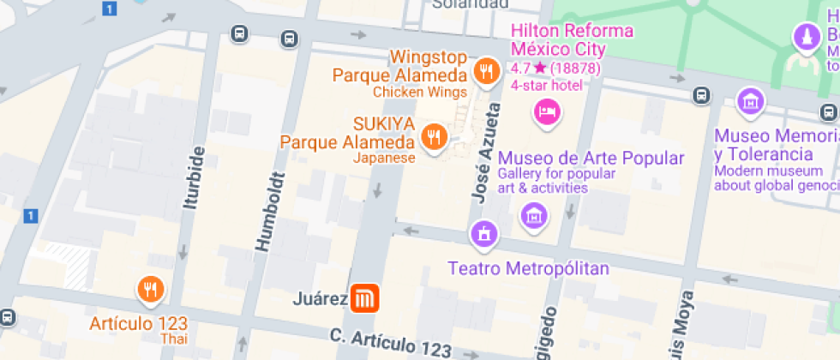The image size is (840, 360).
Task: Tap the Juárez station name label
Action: tap(320, 299)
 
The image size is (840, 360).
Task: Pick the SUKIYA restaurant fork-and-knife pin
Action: tap(435, 135)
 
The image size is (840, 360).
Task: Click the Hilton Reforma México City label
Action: tap(572, 39)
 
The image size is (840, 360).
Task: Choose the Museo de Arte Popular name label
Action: tap(591, 159)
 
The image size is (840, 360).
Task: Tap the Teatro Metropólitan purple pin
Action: tap(483, 233)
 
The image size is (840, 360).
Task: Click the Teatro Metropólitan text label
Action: tap(528, 269)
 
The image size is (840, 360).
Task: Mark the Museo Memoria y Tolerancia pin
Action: tap(751, 100)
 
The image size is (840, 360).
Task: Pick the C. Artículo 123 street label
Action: tap(391, 341)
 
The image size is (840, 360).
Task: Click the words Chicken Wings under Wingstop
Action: tap(420, 93)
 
